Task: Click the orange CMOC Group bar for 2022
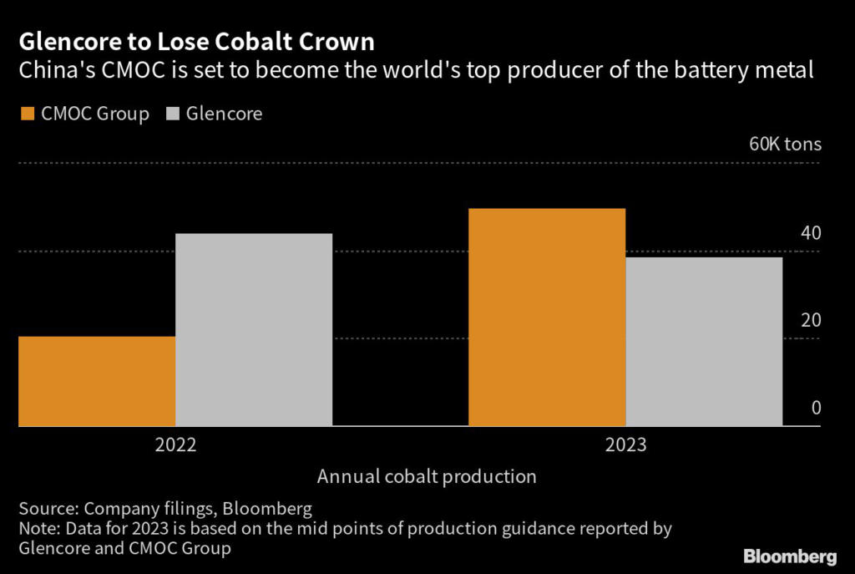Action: click(97, 381)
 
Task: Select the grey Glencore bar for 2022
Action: click(254, 329)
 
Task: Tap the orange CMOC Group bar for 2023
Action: click(547, 317)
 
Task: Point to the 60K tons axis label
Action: click(785, 144)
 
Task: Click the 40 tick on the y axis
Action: click(811, 233)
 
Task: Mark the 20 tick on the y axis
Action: click(811, 321)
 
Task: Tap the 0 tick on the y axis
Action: click(816, 409)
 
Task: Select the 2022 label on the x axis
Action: click(175, 444)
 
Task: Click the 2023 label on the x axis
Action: click(625, 444)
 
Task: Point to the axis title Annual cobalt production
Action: click(426, 477)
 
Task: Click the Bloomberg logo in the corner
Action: click(790, 556)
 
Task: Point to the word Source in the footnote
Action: click(44, 508)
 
